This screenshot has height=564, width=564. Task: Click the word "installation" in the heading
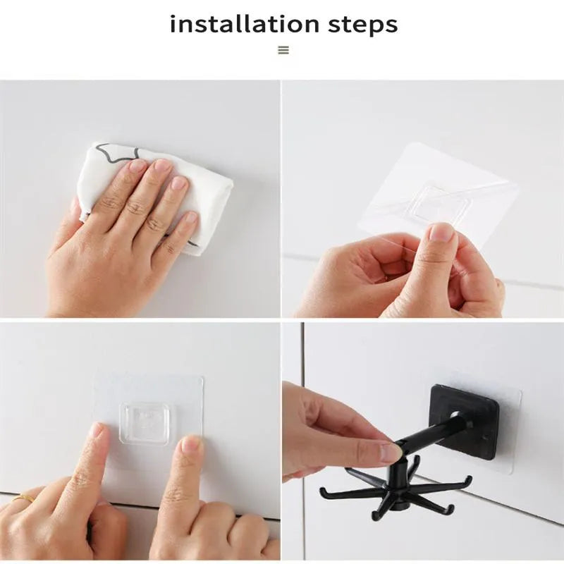tap(244, 24)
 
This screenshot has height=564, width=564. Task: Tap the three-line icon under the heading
tap(283, 50)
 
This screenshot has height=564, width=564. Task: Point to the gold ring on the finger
tap(24, 498)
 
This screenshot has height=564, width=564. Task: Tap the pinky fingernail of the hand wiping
tap(191, 218)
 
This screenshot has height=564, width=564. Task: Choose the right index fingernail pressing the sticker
tap(191, 445)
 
